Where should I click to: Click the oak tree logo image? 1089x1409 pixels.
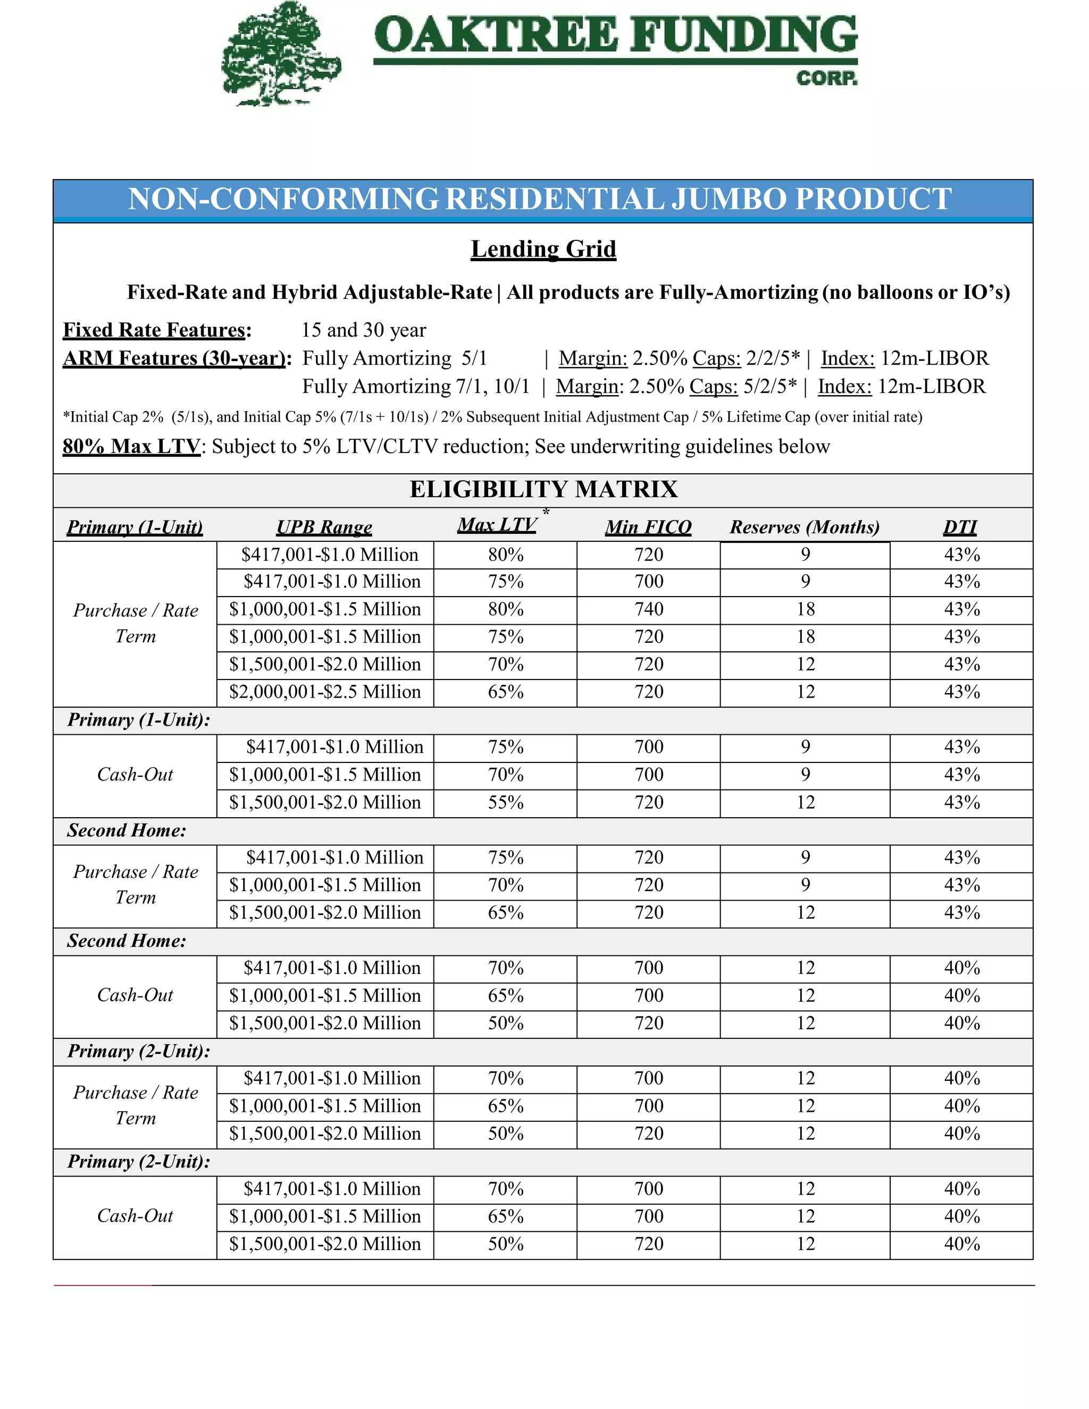point(281,55)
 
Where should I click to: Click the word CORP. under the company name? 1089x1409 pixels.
point(826,79)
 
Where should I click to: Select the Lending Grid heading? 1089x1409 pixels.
point(543,249)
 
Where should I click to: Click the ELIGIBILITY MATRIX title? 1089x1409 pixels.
point(543,490)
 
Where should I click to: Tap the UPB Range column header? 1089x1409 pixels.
point(324,527)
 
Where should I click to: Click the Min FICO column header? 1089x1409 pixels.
point(648,527)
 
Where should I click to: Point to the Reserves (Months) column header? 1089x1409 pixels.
point(805,527)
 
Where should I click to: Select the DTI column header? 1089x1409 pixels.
point(960,527)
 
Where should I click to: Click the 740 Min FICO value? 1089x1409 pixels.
point(648,609)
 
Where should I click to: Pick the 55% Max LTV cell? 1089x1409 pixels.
point(505,802)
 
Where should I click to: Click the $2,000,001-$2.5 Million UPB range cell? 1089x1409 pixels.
point(324,692)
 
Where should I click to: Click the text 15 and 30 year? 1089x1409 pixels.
point(363,330)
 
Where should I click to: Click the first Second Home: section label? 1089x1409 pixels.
point(127,831)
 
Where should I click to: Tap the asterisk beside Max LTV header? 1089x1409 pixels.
point(546,511)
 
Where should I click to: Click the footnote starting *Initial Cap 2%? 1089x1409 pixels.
point(492,417)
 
